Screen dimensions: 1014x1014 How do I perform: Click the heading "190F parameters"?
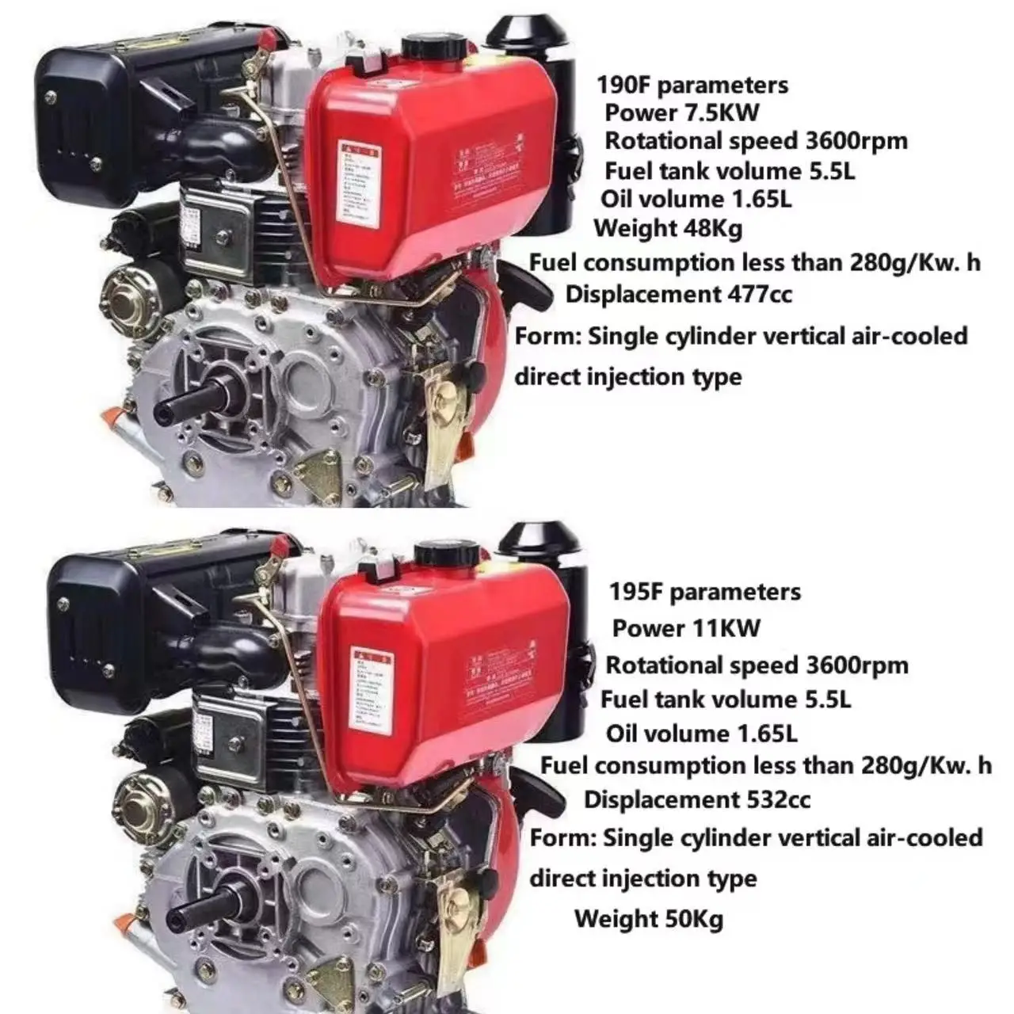tap(692, 84)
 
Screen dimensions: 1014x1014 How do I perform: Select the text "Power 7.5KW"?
tap(682, 112)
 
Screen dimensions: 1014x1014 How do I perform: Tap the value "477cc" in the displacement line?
tap(759, 294)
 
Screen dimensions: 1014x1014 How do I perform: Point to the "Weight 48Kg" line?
tap(668, 228)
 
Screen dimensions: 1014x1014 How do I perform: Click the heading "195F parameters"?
tap(704, 592)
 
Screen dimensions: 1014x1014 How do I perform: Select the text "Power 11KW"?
tap(685, 628)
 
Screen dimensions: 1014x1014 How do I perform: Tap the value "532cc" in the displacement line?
tap(778, 799)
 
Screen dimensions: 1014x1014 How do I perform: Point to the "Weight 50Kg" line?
tap(648, 919)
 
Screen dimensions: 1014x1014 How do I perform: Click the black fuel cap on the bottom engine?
tap(446, 553)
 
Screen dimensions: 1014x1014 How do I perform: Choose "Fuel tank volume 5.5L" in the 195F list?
tap(725, 700)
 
